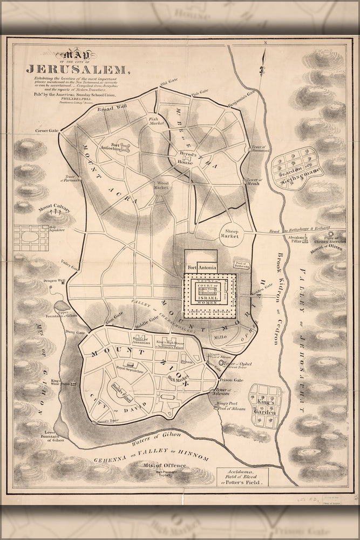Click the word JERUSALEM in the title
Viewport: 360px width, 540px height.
tap(78, 69)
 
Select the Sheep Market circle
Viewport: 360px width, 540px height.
tap(232, 234)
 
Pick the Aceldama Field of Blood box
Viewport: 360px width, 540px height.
tap(250, 476)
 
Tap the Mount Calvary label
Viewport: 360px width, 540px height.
tap(54, 207)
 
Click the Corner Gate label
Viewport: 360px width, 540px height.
tap(47, 131)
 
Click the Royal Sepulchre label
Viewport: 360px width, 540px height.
tap(129, 368)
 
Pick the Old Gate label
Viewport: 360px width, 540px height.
tap(168, 84)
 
